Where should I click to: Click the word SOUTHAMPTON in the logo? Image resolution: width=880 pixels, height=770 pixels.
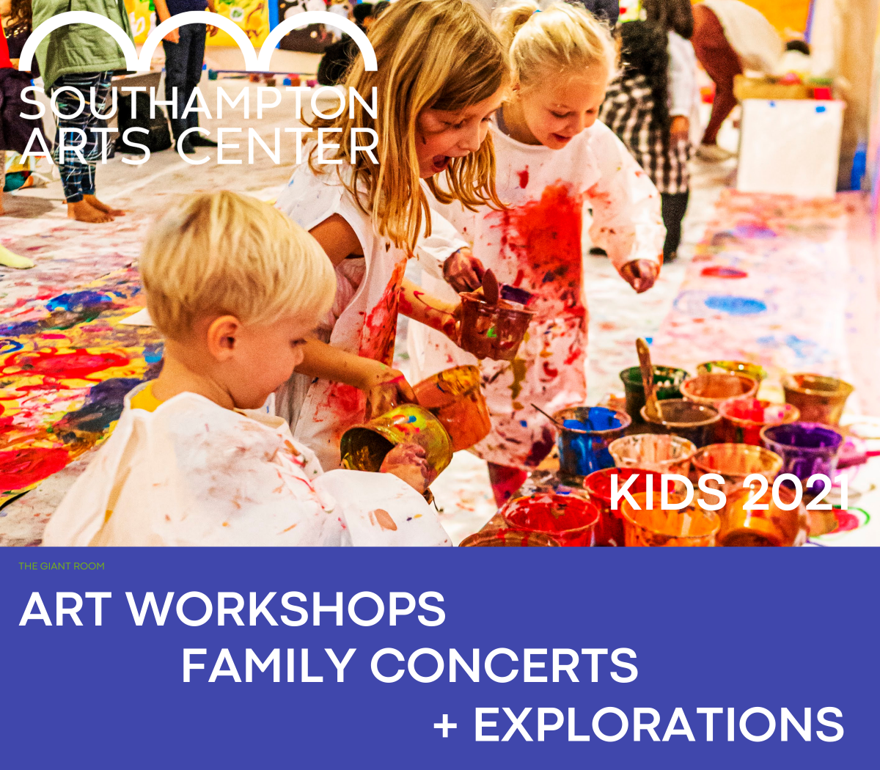[198, 103]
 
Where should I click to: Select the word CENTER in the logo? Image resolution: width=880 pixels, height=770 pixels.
[277, 147]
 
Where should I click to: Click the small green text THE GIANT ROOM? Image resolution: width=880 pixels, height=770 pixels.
[62, 566]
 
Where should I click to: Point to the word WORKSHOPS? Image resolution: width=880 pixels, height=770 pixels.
[287, 609]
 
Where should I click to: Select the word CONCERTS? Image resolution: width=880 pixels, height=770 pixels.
[504, 665]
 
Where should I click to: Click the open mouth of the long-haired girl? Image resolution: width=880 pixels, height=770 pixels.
[439, 162]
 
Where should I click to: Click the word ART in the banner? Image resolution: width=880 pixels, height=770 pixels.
[67, 609]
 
